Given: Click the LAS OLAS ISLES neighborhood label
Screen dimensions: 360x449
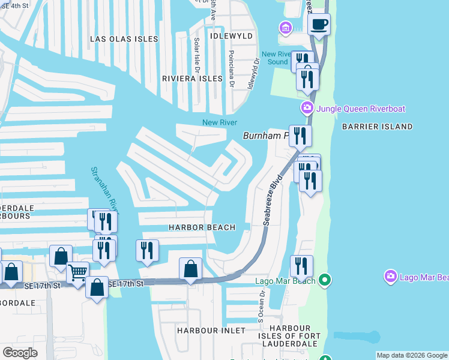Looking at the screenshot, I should [124, 39].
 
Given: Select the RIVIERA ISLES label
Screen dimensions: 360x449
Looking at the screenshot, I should [193, 79].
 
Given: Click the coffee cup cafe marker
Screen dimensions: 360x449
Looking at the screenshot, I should [319, 25].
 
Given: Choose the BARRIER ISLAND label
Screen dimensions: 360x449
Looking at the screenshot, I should [377, 127].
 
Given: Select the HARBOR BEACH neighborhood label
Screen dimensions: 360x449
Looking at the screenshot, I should [200, 227].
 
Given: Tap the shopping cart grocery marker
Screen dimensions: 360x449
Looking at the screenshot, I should [77, 274].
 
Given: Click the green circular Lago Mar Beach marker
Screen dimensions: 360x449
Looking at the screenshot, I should [325, 280].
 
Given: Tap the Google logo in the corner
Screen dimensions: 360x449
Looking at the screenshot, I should [20, 352].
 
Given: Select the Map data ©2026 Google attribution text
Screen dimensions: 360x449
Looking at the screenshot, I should [412, 355].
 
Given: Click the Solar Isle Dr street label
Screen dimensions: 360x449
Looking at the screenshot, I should [196, 54].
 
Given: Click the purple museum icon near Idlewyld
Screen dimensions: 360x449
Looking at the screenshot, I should [285, 28].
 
